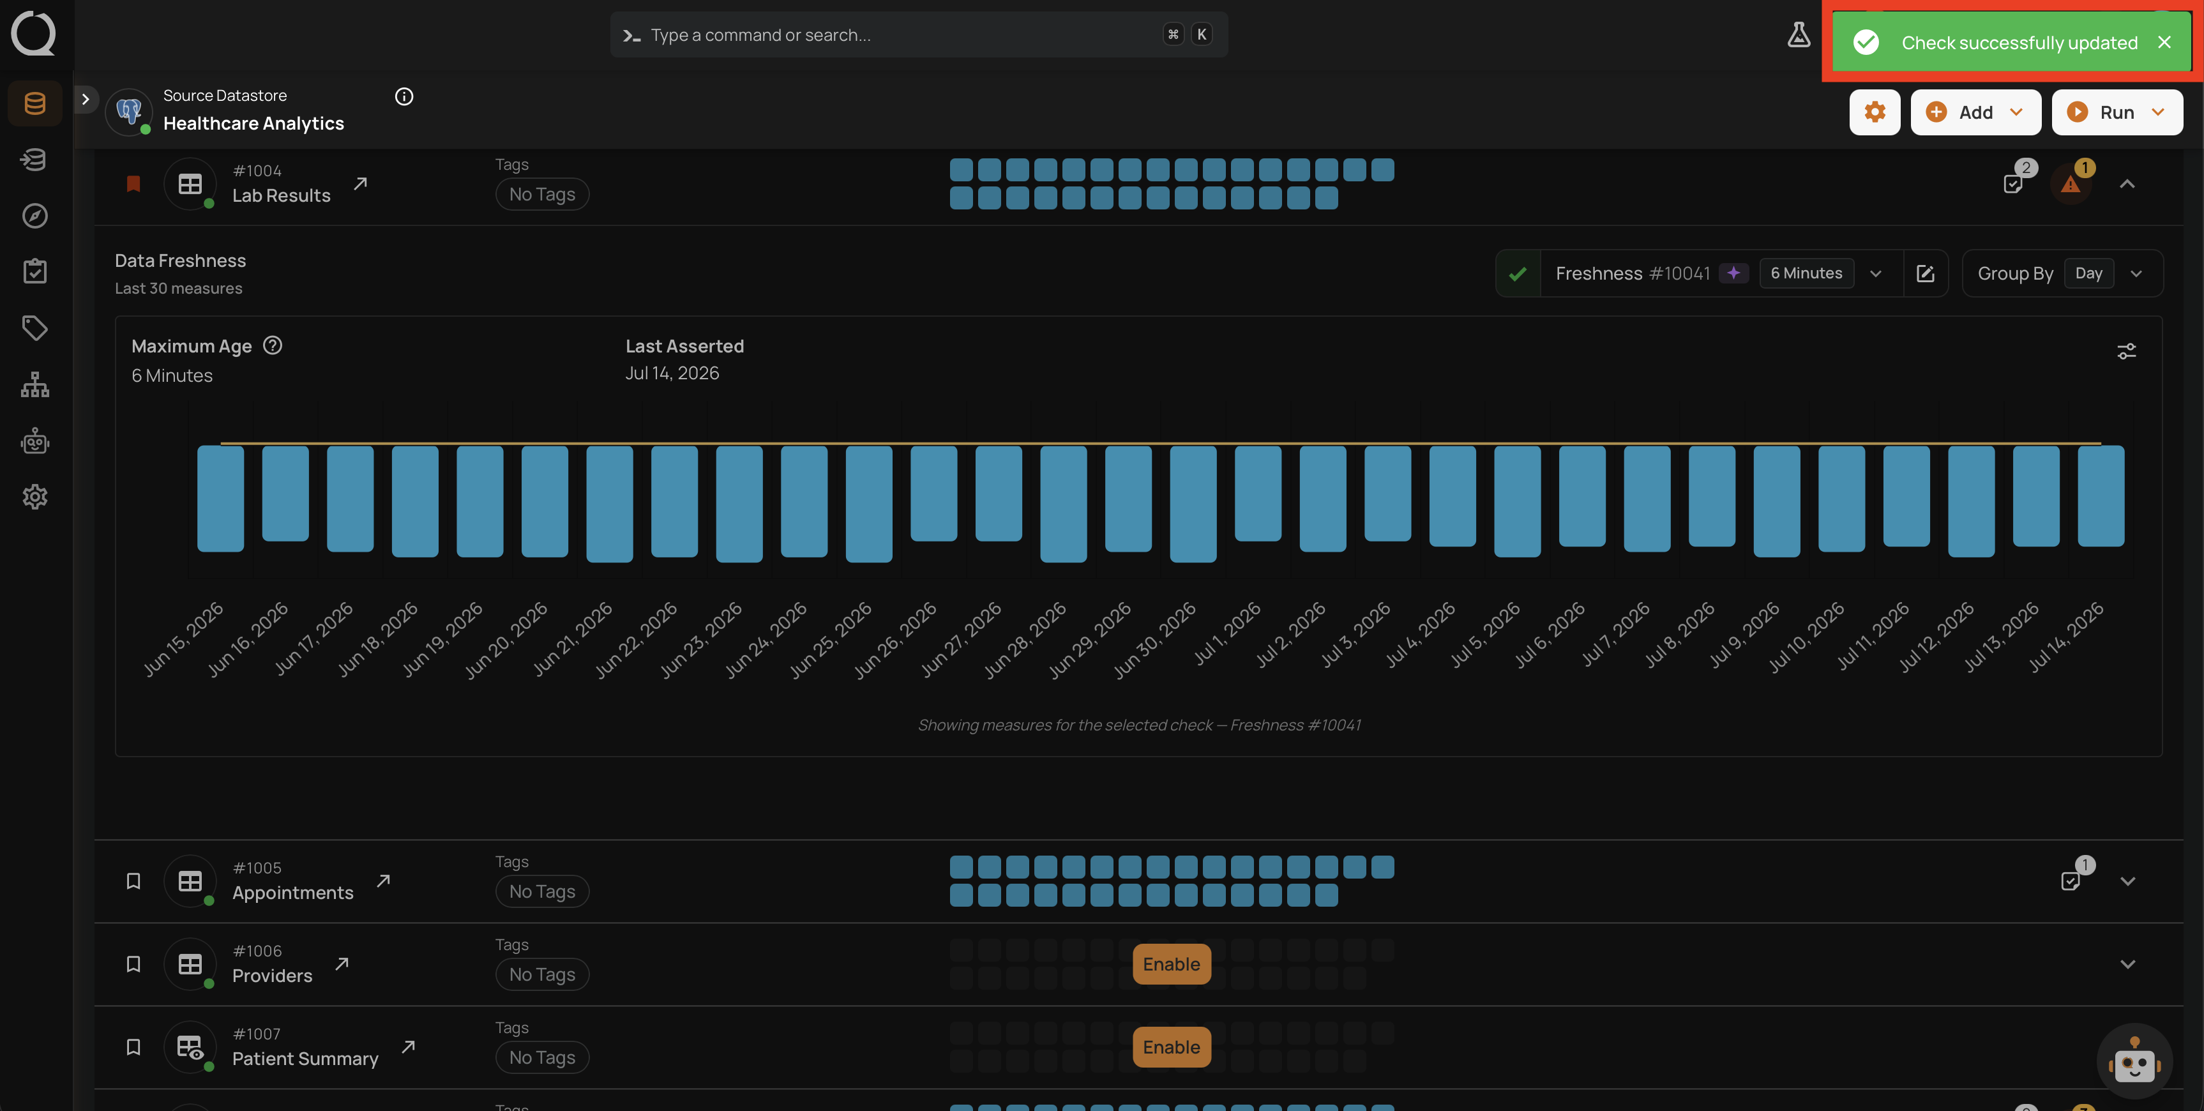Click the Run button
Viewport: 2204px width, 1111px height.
[x=2116, y=112]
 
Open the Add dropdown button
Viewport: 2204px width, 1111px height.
[x=1975, y=112]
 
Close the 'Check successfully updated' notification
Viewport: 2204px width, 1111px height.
[x=2164, y=42]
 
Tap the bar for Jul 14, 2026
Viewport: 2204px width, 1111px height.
[x=2101, y=495]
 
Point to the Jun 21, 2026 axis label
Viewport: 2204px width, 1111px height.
[x=573, y=639]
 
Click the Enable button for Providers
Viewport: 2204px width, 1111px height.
[x=1172, y=964]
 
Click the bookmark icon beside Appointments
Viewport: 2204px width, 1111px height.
[x=133, y=880]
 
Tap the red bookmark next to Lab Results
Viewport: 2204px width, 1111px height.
[x=133, y=184]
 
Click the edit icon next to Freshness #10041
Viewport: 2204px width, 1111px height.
[x=1925, y=273]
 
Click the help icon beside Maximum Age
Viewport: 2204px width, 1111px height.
[x=272, y=345]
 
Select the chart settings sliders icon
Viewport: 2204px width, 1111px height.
[x=2126, y=351]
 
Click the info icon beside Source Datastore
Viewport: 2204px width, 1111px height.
[x=404, y=96]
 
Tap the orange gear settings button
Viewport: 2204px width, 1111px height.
[x=1875, y=112]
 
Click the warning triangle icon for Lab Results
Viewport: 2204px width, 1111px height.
[x=2070, y=184]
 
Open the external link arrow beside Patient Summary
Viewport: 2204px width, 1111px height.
[x=408, y=1047]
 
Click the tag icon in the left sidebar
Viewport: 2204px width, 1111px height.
[x=35, y=328]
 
